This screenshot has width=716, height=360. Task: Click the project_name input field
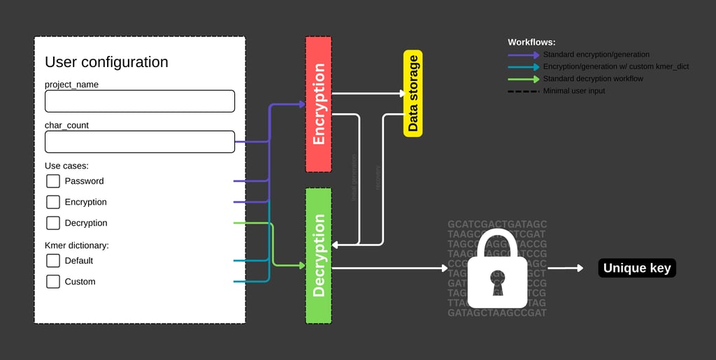tap(140, 101)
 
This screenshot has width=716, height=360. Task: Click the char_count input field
tap(140, 142)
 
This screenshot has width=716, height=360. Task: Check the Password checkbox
tap(53, 181)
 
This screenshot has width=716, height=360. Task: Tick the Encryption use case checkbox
tap(53, 202)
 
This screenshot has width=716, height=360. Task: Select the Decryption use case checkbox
tap(53, 223)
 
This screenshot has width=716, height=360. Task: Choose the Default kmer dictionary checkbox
tap(53, 261)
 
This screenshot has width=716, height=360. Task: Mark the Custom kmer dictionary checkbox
tap(53, 282)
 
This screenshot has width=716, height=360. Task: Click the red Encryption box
tap(319, 104)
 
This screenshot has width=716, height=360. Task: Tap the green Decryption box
tap(319, 255)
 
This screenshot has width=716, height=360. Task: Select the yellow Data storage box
tap(413, 94)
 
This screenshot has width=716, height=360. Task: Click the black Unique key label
tap(637, 268)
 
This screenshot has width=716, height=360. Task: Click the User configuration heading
tap(106, 62)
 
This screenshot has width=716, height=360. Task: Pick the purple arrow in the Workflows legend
tap(524, 55)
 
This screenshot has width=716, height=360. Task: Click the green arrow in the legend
tap(524, 79)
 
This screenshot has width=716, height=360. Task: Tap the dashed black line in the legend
tap(524, 91)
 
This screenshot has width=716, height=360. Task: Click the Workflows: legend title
tap(531, 43)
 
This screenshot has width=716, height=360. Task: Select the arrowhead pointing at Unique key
tap(579, 268)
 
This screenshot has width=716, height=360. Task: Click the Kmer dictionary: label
tap(77, 245)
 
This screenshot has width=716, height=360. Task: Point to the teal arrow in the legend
tap(524, 67)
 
